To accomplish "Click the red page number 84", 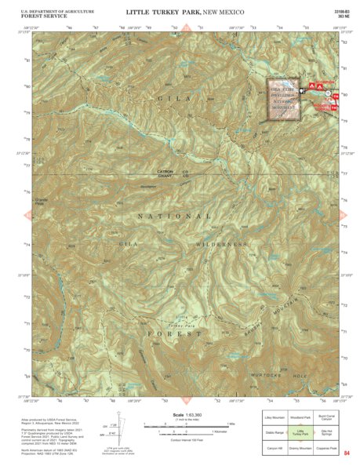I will (344, 453).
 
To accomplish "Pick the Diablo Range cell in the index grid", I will (274, 432).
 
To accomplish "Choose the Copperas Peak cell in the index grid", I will (327, 447).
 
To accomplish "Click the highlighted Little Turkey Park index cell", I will (300, 432).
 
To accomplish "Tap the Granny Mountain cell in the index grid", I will (300, 447).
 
